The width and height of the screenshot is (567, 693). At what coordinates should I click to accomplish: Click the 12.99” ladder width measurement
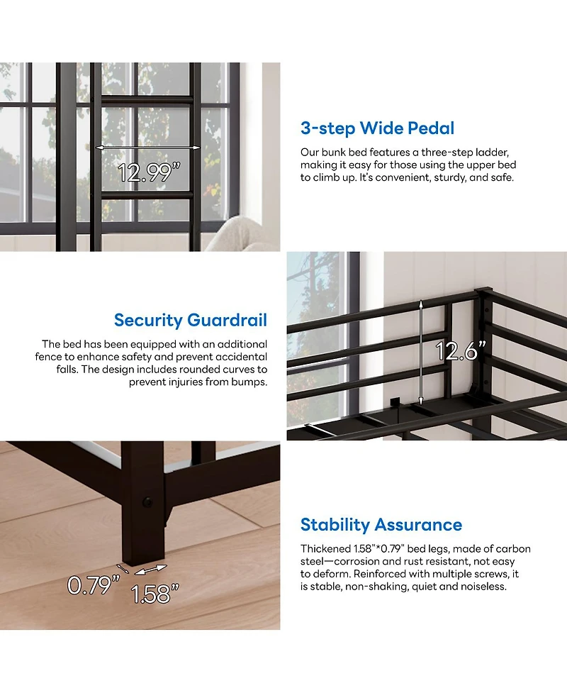(146, 172)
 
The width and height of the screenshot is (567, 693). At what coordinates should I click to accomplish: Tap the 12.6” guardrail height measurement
(461, 351)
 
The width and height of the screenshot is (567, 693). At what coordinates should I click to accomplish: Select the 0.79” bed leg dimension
(93, 584)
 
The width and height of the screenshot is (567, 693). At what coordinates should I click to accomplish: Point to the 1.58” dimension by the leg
(151, 594)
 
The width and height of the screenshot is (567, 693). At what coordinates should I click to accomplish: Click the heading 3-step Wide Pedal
(377, 128)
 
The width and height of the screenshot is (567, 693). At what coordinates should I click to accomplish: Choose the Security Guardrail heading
(191, 320)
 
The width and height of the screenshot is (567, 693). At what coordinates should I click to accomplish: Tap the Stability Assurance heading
(381, 525)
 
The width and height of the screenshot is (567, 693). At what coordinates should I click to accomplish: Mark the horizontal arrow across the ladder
(148, 148)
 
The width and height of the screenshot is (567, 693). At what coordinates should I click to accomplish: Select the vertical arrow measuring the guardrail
(422, 351)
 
